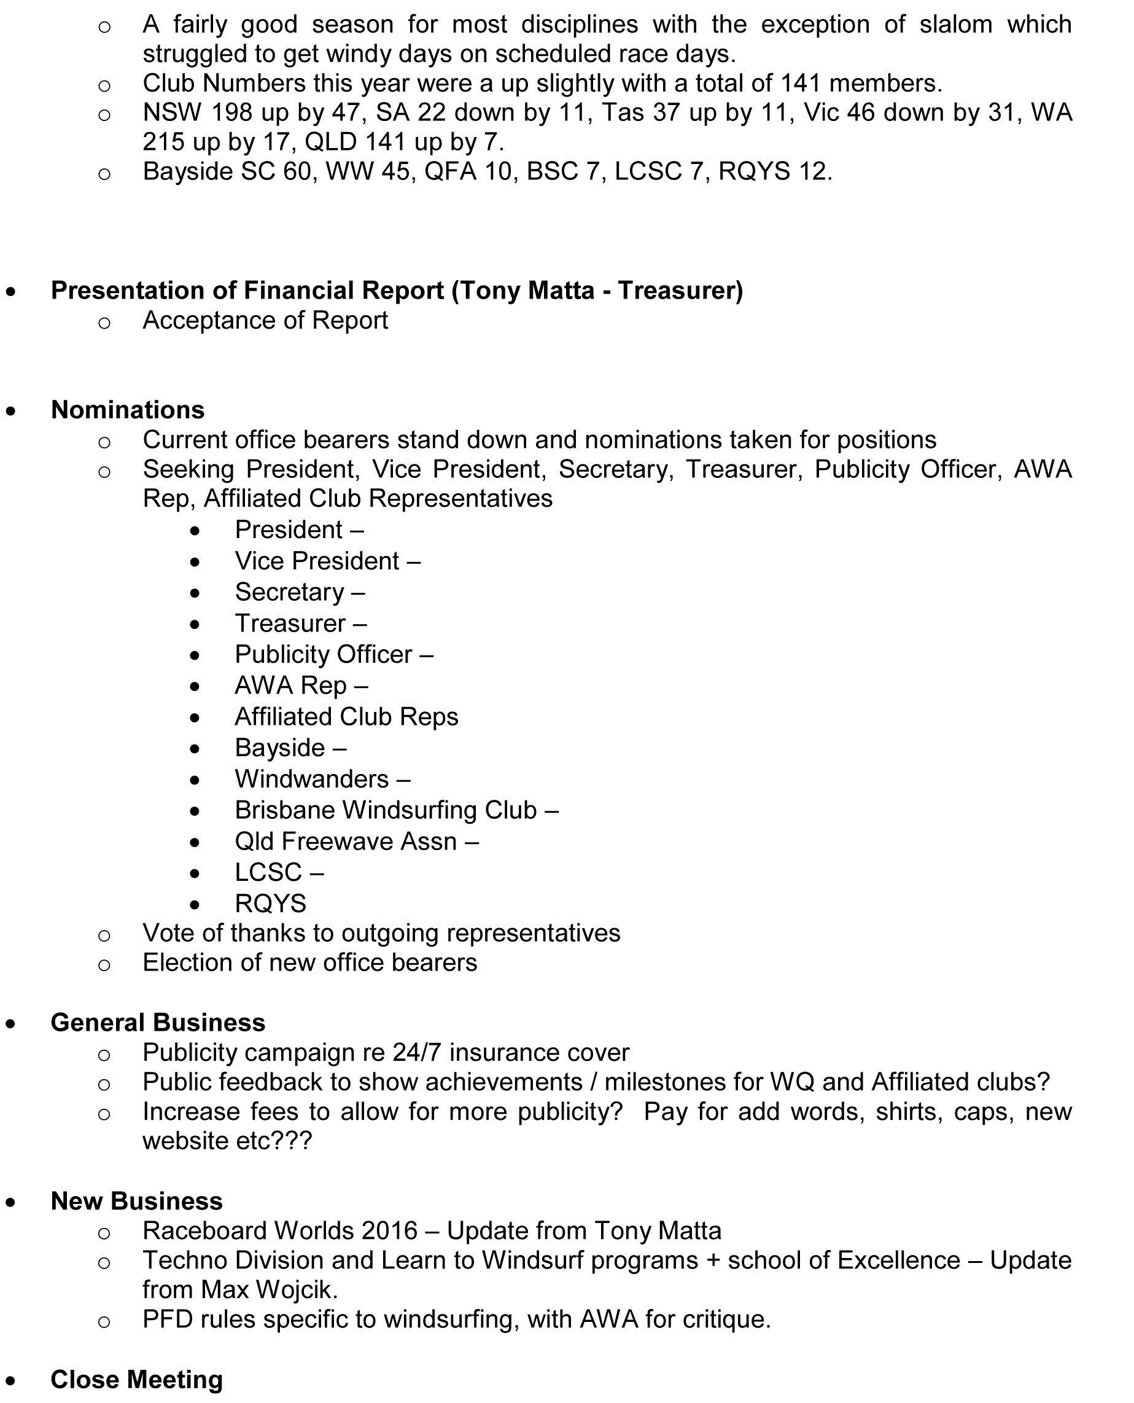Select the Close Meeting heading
(x=136, y=1380)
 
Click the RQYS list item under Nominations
(x=270, y=904)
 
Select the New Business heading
(x=136, y=1201)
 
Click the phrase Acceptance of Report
(x=265, y=320)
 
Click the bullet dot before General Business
(x=11, y=1024)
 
